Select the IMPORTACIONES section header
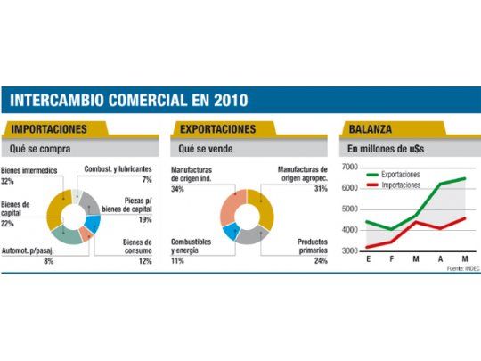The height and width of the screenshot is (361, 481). point(49,129)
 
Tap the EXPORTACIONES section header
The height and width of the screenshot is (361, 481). point(218,129)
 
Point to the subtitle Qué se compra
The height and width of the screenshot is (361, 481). point(40,149)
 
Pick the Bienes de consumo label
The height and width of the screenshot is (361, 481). point(135,248)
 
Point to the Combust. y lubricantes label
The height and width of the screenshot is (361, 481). point(118,168)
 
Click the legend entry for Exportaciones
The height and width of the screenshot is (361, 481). point(393,175)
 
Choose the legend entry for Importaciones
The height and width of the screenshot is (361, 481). point(393,185)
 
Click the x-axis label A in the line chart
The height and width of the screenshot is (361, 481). point(439,260)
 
